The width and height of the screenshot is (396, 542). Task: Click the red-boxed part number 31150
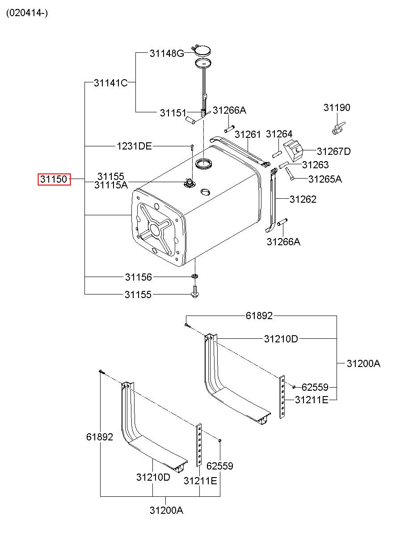tap(54, 179)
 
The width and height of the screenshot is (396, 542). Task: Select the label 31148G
tap(167, 53)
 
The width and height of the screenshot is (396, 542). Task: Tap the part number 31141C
tap(111, 83)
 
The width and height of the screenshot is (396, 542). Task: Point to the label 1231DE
tap(135, 146)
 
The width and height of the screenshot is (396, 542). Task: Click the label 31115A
tap(111, 185)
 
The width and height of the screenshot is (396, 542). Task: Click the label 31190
tap(337, 108)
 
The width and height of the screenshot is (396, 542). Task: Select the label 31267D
tap(334, 151)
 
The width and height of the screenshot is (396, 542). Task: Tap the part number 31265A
tap(325, 179)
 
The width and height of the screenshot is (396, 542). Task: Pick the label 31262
tap(303, 199)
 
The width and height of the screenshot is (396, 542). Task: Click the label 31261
tap(248, 135)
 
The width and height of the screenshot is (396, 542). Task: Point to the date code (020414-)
tap(27, 13)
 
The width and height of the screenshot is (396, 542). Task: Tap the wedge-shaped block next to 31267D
tap(293, 151)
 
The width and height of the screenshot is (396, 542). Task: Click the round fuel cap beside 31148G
tap(202, 50)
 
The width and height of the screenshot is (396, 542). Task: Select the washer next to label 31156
tap(195, 276)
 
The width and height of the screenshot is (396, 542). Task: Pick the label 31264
tap(279, 134)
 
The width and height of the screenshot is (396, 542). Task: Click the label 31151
tap(173, 113)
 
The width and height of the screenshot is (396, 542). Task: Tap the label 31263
tap(315, 165)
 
